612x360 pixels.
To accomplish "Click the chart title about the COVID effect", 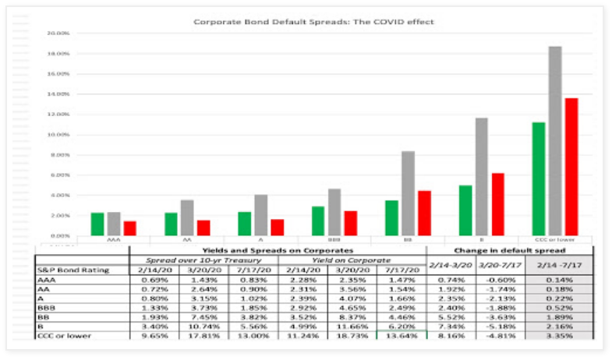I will [313, 22].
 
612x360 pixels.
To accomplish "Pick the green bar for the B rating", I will [465, 210].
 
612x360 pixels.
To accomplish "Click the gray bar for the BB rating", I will [408, 192].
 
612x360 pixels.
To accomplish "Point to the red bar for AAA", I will [129, 228].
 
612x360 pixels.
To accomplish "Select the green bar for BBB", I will [317, 221].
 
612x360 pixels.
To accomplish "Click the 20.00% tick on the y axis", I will [58, 34].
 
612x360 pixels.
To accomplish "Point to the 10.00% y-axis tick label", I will [58, 135].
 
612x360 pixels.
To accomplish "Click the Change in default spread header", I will [508, 249].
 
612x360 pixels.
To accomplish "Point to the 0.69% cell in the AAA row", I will [153, 280].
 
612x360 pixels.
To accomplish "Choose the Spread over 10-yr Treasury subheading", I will [201, 259].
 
